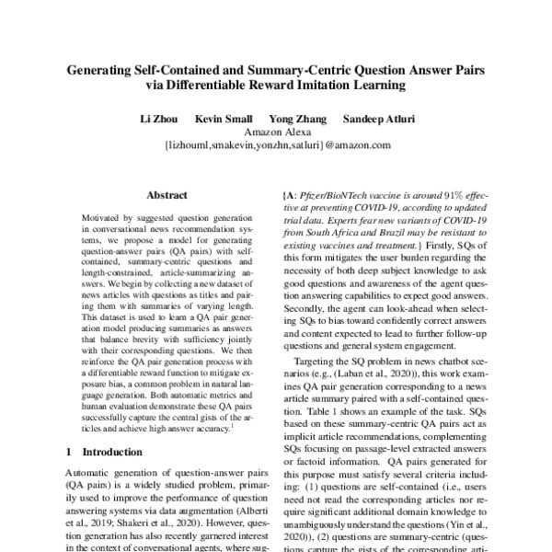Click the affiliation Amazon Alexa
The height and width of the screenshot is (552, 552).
(276, 132)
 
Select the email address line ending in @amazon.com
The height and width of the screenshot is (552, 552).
(276, 145)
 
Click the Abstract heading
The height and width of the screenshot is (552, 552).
(167, 195)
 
